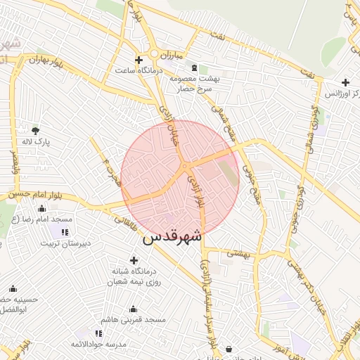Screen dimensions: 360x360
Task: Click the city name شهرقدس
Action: point(172,237)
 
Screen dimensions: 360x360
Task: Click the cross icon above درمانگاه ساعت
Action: point(139,60)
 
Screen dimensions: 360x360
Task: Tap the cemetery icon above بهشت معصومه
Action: point(194,68)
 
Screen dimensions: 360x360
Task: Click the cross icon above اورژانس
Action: point(345,82)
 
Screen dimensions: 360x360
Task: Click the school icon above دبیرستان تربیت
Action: point(65,232)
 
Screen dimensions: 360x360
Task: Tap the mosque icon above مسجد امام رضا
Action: point(41,208)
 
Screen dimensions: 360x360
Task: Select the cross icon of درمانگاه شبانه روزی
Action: point(134,259)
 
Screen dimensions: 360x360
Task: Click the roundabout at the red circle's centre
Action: point(184,166)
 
